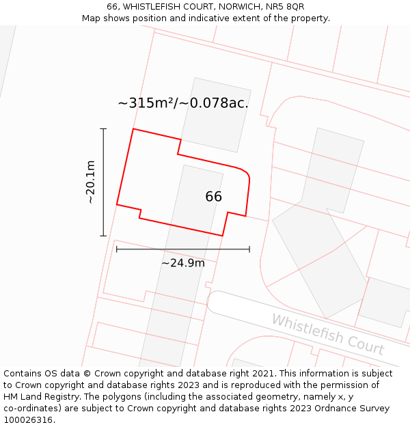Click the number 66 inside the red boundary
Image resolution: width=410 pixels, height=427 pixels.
click(x=213, y=197)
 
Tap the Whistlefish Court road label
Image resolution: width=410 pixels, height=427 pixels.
click(x=327, y=333)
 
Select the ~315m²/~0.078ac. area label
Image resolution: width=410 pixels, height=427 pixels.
click(x=183, y=103)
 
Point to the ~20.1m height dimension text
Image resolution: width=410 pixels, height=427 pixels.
click(x=90, y=182)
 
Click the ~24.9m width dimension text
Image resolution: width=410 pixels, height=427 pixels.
click(x=182, y=263)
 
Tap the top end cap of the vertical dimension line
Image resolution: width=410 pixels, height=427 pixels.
click(x=103, y=128)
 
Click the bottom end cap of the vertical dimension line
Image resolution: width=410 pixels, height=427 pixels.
click(x=103, y=236)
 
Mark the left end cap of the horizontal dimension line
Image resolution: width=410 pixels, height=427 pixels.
click(x=117, y=249)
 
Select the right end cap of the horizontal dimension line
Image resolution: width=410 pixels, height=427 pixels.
click(x=249, y=249)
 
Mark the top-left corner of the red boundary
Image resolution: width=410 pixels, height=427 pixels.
click(x=133, y=129)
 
